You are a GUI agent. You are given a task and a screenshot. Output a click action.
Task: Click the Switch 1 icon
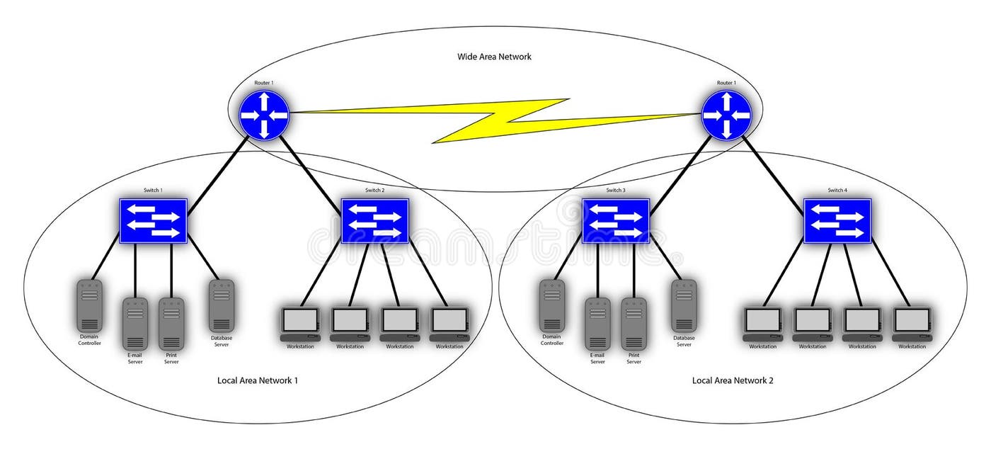[x=153, y=220]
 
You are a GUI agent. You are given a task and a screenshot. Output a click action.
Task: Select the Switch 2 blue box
[x=374, y=220]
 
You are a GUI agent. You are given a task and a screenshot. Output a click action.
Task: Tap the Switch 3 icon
[x=615, y=220]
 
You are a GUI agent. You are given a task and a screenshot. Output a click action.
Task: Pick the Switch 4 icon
[x=837, y=220]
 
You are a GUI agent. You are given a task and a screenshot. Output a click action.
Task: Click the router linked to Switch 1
[x=264, y=114]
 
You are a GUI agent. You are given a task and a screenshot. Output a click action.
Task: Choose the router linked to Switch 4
[x=726, y=114]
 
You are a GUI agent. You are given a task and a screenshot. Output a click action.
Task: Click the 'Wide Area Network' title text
[x=494, y=57]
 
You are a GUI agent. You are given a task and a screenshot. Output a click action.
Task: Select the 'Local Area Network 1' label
[x=257, y=380]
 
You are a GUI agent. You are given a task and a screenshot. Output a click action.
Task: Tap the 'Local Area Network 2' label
[x=733, y=380]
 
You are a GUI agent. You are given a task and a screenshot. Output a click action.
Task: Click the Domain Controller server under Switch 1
[x=89, y=305]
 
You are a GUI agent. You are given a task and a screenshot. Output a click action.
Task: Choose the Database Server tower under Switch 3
[x=684, y=305]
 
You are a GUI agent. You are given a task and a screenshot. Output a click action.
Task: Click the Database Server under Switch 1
[x=222, y=305]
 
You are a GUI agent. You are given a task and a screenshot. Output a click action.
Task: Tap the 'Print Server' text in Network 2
[x=634, y=358]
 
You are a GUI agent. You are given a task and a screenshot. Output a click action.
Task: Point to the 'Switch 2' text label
[x=374, y=191]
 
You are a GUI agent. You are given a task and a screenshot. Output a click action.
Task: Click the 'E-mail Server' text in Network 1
[x=134, y=358]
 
